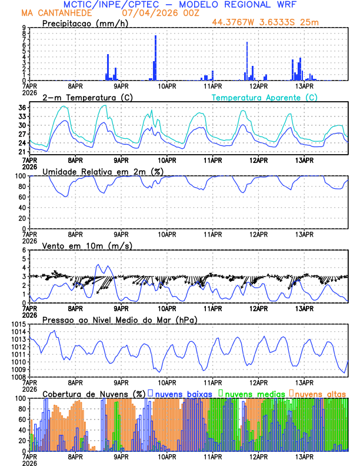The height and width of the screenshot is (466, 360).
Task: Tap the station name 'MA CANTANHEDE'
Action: pyautogui.click(x=62, y=13)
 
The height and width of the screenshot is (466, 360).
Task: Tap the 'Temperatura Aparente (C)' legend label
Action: pyautogui.click(x=264, y=97)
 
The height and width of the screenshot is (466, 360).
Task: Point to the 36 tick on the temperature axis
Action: pyautogui.click(x=22, y=108)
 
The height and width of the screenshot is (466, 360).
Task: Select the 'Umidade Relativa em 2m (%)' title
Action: pyautogui.click(x=102, y=171)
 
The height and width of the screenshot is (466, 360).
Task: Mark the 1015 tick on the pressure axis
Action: pyautogui.click(x=18, y=324)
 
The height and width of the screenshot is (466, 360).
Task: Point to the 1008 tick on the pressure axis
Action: pyautogui.click(x=18, y=377)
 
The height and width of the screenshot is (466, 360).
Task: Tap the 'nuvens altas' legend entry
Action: pyautogui.click(x=320, y=393)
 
